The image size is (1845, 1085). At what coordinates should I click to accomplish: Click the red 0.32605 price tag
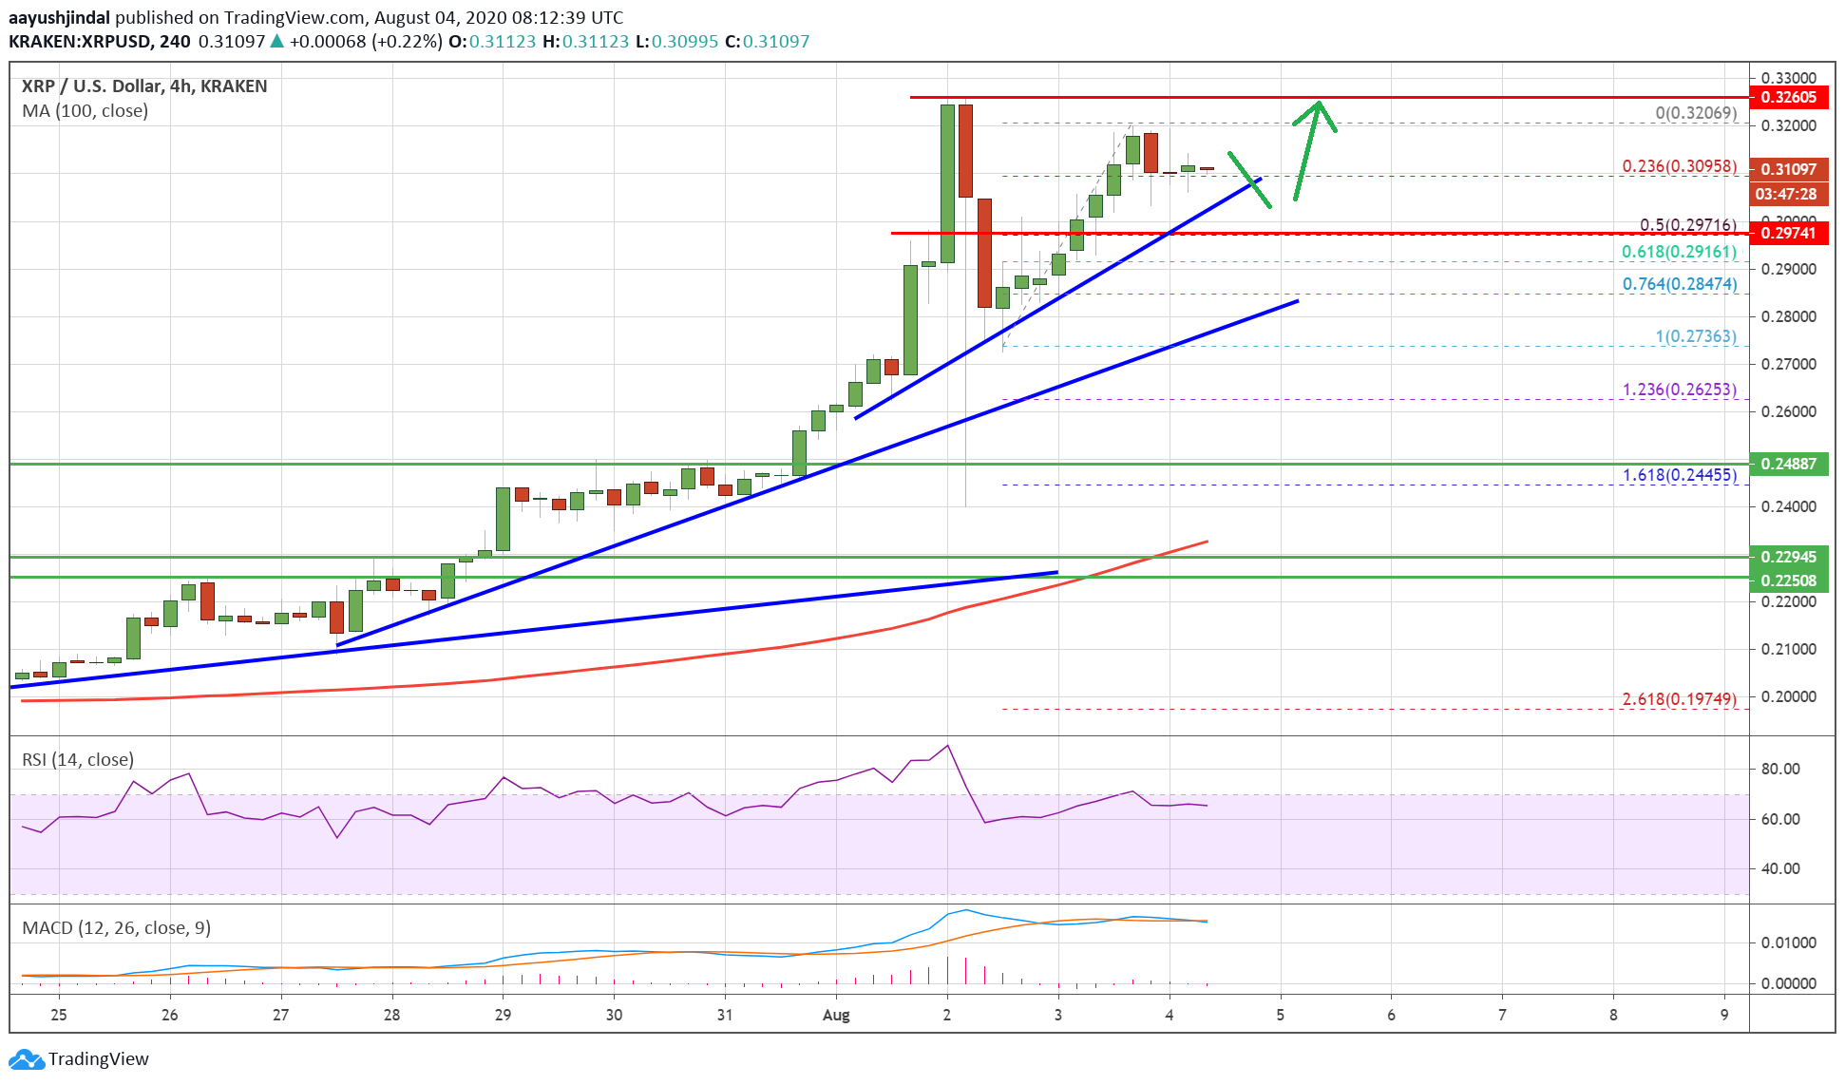(1788, 97)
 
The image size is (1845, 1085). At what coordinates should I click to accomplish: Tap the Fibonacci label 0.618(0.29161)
(1679, 252)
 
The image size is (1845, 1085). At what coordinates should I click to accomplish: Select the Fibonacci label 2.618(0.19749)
(1679, 699)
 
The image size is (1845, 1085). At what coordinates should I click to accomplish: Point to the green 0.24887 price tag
(1788, 464)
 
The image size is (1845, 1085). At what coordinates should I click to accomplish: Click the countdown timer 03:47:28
(1786, 194)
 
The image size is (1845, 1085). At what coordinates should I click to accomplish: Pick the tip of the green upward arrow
(1319, 103)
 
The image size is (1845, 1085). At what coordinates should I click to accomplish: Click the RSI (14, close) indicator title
(78, 759)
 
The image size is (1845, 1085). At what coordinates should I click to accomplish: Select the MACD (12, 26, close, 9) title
(116, 927)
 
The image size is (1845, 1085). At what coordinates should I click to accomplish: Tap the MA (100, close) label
(86, 111)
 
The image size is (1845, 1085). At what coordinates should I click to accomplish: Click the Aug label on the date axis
(836, 1015)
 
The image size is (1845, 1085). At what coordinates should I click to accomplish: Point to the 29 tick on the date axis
(503, 1015)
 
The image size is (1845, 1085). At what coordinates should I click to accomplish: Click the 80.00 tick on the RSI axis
(1779, 769)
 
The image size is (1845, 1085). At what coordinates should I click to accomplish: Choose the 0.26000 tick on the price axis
(1788, 411)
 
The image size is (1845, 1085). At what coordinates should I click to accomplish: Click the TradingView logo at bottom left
(80, 1058)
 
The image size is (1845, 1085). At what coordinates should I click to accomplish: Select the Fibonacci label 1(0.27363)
(1695, 336)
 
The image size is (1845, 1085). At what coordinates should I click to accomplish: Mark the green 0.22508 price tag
(1788, 581)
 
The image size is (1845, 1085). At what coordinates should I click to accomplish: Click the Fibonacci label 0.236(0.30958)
(1679, 166)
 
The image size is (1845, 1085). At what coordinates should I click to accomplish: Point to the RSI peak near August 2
(947, 746)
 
